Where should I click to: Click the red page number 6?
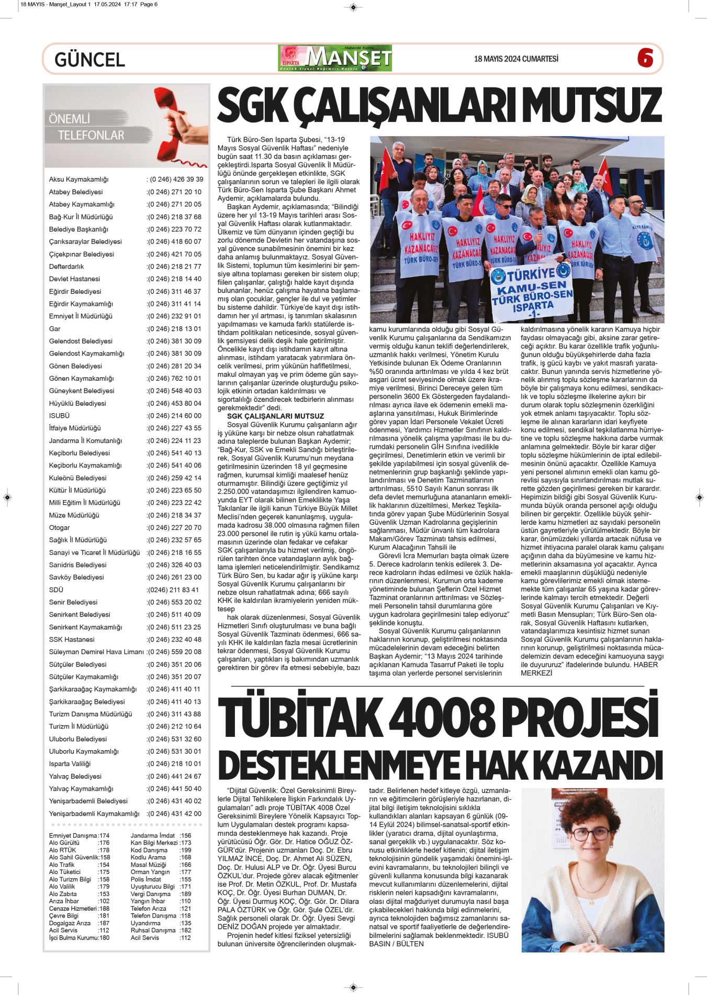click(645, 58)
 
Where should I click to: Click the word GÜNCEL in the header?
click(89, 60)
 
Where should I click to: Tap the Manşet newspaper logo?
click(335, 58)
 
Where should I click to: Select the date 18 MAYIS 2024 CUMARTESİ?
click(516, 59)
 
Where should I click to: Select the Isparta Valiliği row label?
click(70, 764)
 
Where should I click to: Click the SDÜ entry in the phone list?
click(56, 590)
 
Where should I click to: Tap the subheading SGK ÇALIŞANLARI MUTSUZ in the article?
click(275, 416)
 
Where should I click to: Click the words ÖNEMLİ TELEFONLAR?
click(86, 127)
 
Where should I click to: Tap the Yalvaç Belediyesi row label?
click(75, 777)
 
